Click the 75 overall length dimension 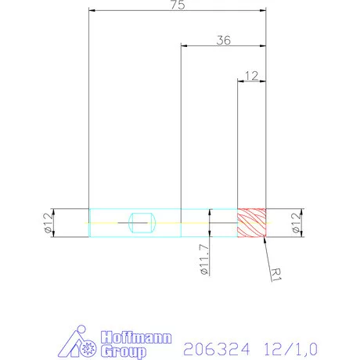tap(178, 7)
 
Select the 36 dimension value tap(223, 41)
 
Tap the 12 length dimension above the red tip tap(252, 75)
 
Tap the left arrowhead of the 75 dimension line tap(92, 12)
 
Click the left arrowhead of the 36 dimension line tap(184, 46)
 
